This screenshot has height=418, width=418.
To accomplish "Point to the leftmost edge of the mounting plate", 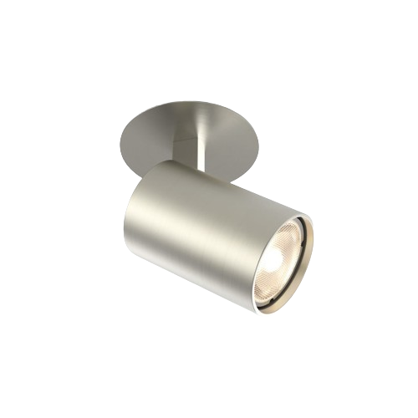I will [x=122, y=135].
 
